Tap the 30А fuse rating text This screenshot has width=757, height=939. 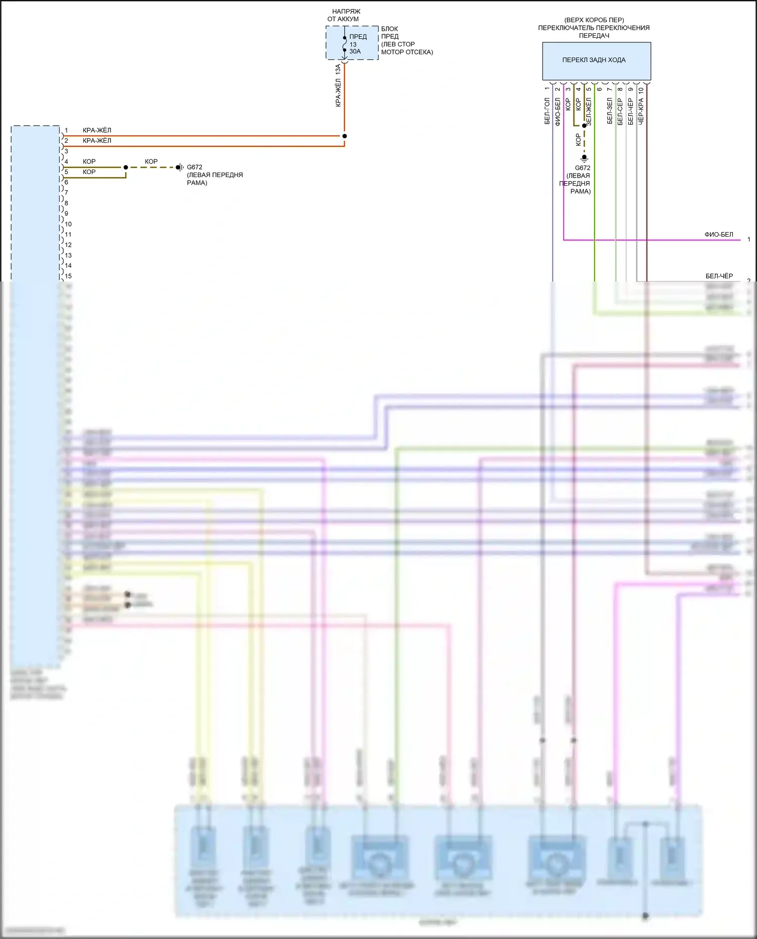pos(355,51)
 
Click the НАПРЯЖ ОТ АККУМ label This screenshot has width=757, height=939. pos(344,15)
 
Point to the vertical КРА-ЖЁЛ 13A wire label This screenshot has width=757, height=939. pos(338,85)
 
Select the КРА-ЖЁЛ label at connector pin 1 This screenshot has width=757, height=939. pos(97,130)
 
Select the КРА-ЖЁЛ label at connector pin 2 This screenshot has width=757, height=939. pos(97,141)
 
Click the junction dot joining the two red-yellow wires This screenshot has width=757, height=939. pos(345,136)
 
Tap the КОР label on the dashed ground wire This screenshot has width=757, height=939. pos(151,161)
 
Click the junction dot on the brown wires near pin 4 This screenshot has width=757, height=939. pos(126,167)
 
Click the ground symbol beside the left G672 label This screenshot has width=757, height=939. pos(180,167)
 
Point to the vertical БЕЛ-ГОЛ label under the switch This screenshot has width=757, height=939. pos(547,111)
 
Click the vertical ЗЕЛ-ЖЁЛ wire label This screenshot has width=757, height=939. pos(588,112)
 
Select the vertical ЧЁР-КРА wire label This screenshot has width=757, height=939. pos(641,111)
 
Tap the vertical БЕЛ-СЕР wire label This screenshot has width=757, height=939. pos(620,112)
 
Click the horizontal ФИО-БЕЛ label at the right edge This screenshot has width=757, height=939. pos(719,235)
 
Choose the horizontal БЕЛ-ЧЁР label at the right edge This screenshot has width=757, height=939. pos(719,276)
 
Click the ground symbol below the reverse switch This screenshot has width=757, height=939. pos(584,158)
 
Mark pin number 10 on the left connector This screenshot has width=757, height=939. pos(68,224)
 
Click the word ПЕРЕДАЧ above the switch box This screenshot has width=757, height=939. pos(594,36)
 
